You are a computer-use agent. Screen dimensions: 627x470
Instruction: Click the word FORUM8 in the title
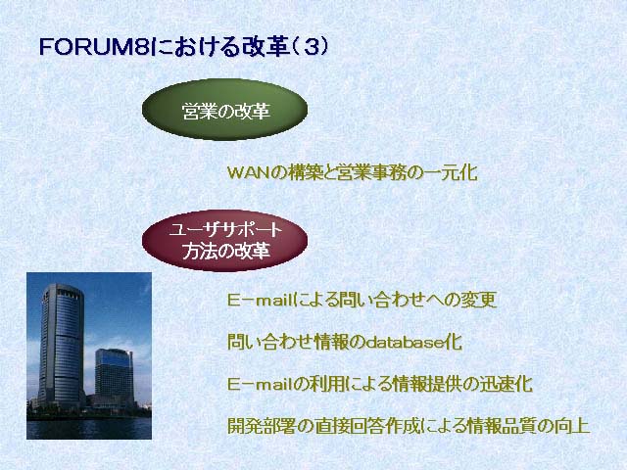[x=95, y=47]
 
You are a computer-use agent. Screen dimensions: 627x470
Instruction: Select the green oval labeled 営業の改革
[x=224, y=110]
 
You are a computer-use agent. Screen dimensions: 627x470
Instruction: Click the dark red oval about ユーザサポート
[x=224, y=241]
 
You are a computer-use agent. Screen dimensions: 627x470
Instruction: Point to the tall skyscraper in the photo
[x=61, y=344]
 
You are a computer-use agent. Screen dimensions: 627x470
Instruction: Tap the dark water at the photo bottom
[x=89, y=429]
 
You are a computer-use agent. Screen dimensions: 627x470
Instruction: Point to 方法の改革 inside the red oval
[x=226, y=251]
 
